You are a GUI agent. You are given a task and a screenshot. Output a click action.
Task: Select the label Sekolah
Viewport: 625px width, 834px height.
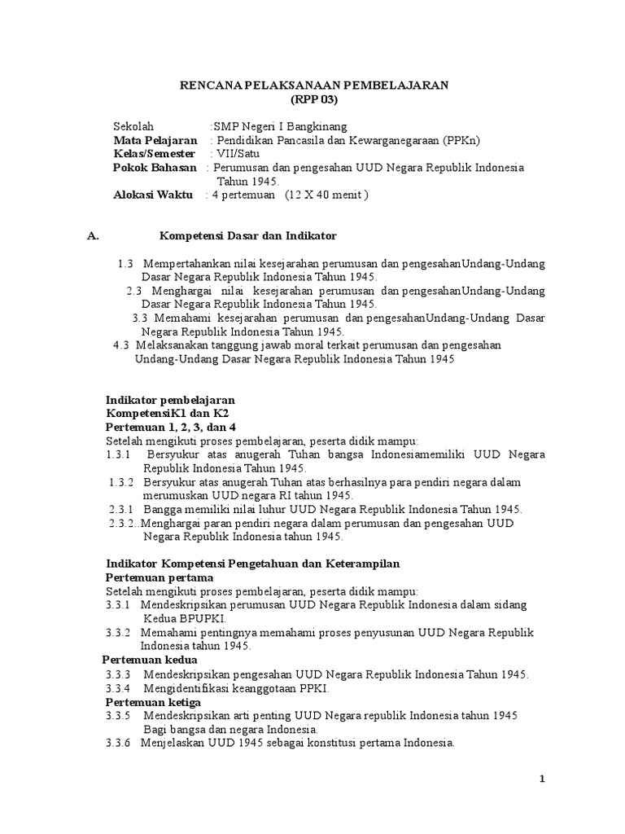click(x=133, y=127)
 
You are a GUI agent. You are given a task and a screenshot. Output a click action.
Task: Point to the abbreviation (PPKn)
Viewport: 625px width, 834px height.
click(x=462, y=140)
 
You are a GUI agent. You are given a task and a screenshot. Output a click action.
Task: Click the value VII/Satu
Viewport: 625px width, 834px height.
click(x=234, y=154)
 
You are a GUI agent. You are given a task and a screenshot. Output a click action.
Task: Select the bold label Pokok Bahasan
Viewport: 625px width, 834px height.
click(x=155, y=168)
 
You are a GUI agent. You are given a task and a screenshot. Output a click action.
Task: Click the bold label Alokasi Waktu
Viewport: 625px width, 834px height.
click(x=153, y=195)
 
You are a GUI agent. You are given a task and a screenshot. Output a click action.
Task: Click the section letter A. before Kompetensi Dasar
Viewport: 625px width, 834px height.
click(x=93, y=236)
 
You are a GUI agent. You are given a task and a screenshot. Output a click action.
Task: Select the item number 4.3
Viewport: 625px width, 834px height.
click(x=121, y=345)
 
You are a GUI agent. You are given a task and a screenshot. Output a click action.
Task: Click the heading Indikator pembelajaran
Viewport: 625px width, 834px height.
click(x=171, y=400)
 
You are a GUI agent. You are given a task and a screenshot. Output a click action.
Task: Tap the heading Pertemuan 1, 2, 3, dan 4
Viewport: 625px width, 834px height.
click(x=171, y=428)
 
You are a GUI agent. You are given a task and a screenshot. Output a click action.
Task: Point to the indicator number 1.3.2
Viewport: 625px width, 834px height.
click(x=122, y=482)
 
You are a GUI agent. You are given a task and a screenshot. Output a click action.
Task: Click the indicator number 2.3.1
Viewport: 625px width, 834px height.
click(x=120, y=509)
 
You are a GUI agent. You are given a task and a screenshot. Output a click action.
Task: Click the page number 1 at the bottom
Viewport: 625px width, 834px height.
click(x=543, y=779)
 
